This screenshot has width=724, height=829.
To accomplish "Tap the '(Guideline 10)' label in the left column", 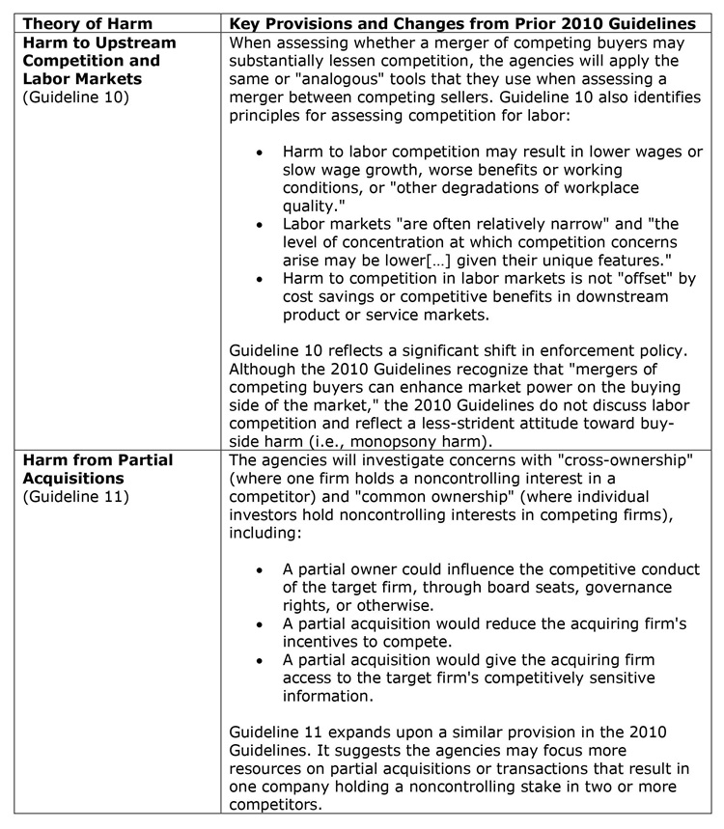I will point(66,97).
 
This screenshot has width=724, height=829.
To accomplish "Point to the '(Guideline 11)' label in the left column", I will point(66,497).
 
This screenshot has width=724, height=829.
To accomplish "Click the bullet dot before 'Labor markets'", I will point(260,225).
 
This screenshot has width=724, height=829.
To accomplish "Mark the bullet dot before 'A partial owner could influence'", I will point(260,570).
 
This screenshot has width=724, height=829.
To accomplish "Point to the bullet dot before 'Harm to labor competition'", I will point(260,152).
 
